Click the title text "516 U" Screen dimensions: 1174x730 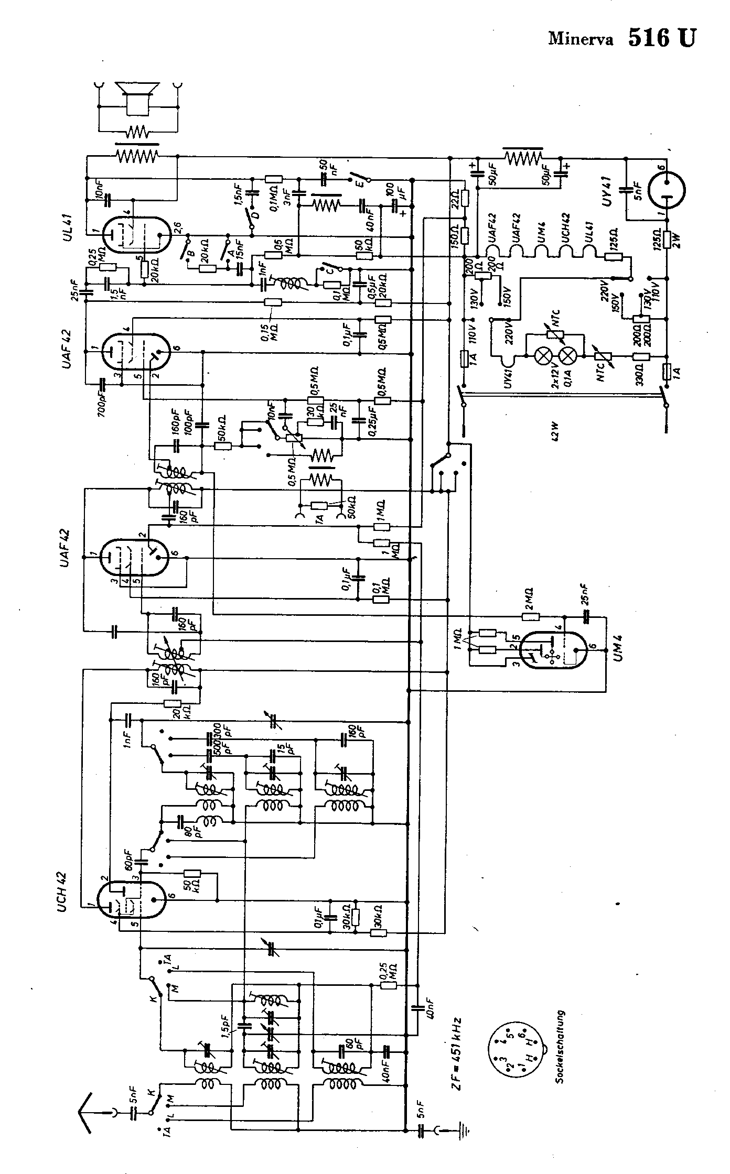tap(662, 38)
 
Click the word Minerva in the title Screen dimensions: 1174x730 tap(581, 40)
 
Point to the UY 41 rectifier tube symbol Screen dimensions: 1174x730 tap(667, 190)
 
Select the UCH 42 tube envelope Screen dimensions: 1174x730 tap(133, 899)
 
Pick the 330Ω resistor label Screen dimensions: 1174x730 tap(641, 376)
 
